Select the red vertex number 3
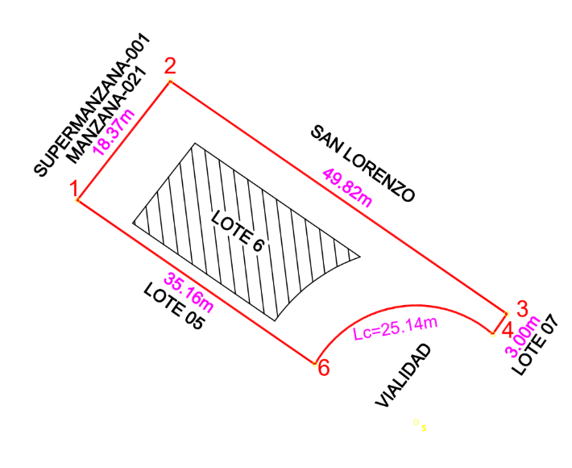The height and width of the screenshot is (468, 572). click(x=521, y=307)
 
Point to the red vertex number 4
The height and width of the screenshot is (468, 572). click(x=507, y=328)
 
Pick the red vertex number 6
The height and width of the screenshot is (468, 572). click(x=323, y=368)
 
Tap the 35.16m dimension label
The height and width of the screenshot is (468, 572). click(x=189, y=292)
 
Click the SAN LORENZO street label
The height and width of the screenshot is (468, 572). click(x=363, y=163)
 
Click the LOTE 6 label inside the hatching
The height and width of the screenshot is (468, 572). click(x=238, y=232)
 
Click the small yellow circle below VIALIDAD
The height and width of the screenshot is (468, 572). click(x=417, y=421)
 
